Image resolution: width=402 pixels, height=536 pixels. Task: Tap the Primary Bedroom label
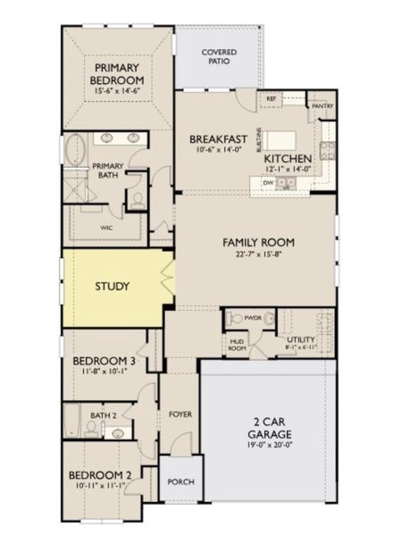tap(121, 74)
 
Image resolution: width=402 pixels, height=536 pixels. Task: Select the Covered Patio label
tap(219, 57)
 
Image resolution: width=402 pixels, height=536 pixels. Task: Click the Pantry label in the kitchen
tap(322, 105)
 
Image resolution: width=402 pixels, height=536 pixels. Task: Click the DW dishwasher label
tap(267, 182)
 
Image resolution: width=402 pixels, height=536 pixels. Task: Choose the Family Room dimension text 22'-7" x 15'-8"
tap(258, 255)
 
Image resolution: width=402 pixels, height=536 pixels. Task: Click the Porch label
tap(180, 482)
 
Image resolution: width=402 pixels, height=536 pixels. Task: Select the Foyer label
tap(180, 415)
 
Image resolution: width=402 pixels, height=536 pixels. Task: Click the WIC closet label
tap(106, 228)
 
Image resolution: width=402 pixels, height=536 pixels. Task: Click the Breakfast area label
tap(217, 139)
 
